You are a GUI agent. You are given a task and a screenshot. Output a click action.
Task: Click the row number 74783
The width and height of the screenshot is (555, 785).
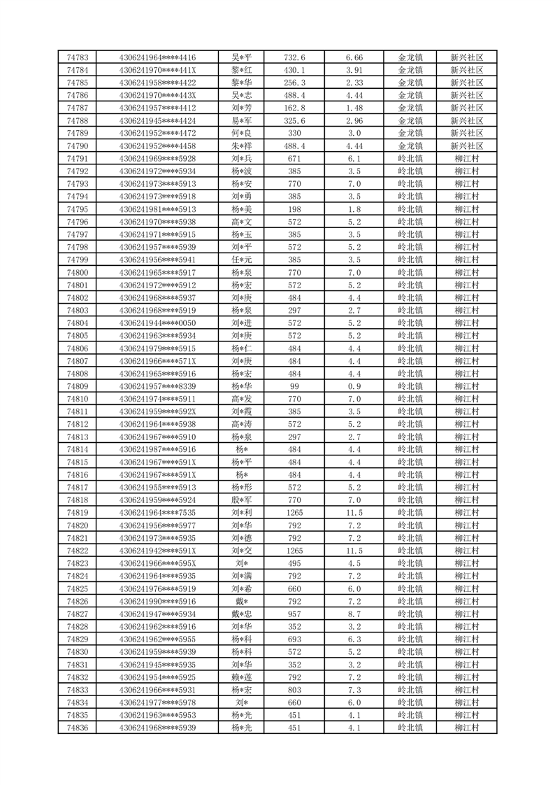pyautogui.click(x=77, y=57)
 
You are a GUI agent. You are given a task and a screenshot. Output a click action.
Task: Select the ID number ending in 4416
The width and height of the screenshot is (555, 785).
pyautogui.click(x=157, y=57)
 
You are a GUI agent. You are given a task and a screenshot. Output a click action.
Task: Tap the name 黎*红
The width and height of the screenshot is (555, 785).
pyautogui.click(x=242, y=70)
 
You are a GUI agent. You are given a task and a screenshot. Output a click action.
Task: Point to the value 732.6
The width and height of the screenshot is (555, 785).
pyautogui.click(x=294, y=57)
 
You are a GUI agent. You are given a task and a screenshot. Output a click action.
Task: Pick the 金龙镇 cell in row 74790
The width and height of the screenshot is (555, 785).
pyautogui.click(x=410, y=146)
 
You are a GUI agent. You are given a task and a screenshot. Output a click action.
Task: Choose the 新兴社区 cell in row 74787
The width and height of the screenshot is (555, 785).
pyautogui.click(x=466, y=108)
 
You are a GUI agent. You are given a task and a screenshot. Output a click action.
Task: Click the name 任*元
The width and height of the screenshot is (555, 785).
pyautogui.click(x=242, y=260)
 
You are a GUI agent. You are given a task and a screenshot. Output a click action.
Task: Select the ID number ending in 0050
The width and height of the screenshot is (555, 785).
pyautogui.click(x=157, y=323)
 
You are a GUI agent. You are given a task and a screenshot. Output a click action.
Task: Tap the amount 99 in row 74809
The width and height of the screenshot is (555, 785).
pyautogui.click(x=294, y=386)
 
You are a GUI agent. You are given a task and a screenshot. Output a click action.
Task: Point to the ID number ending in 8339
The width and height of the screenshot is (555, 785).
pyautogui.click(x=157, y=386)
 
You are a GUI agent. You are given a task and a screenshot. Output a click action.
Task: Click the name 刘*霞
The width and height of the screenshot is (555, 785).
pyautogui.click(x=242, y=411)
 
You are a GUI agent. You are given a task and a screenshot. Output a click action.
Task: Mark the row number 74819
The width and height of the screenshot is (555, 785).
pyautogui.click(x=77, y=513)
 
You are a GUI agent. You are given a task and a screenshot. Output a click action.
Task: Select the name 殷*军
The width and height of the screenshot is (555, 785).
pyautogui.click(x=242, y=500)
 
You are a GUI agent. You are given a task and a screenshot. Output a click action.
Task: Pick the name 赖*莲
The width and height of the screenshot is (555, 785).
pyautogui.click(x=242, y=677)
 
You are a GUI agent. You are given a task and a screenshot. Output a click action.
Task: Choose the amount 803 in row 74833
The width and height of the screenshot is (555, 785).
pyautogui.click(x=294, y=690)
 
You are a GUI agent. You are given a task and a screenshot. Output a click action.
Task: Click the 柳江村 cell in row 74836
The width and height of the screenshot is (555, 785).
pyautogui.click(x=466, y=728)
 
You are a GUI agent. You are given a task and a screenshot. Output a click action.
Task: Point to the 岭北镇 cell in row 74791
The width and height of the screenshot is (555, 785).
pyautogui.click(x=410, y=159)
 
